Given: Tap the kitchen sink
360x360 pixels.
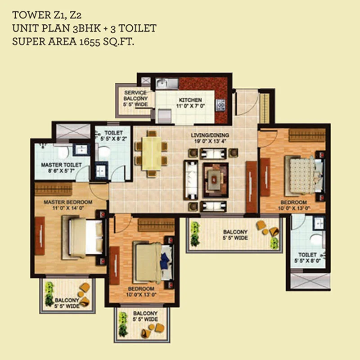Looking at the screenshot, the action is [x=167, y=84].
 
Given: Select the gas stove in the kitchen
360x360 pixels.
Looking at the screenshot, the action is [x=220, y=105].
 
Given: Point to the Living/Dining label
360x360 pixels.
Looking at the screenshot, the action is [x=210, y=135].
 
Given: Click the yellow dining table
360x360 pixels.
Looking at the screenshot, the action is [x=152, y=153].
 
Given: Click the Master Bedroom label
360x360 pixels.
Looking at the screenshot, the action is [x=68, y=202].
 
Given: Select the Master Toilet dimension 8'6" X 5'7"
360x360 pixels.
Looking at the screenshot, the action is [x=61, y=171].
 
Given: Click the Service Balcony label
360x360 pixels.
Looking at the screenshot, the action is [x=135, y=95].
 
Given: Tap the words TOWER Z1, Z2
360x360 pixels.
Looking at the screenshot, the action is [x=47, y=15].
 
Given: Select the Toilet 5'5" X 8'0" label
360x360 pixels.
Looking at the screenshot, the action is [x=307, y=258].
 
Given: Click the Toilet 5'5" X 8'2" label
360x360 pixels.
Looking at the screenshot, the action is [x=114, y=136].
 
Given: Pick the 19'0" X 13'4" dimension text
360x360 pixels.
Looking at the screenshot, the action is [x=210, y=141].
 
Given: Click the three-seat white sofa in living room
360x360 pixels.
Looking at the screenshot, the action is [x=190, y=180].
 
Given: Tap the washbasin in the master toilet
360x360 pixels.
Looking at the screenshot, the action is [x=81, y=149].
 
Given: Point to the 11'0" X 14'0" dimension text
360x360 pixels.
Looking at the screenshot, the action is [x=68, y=208].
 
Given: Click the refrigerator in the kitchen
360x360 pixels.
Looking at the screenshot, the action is [x=165, y=116].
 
